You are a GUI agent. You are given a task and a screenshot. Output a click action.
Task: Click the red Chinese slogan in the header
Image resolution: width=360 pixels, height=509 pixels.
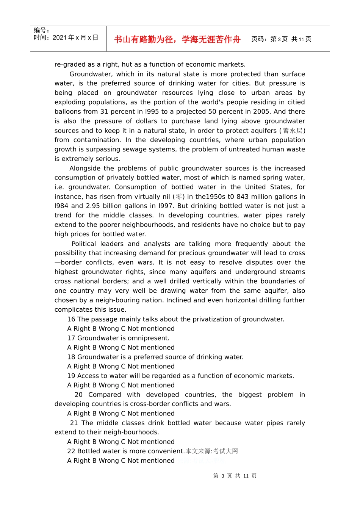[x=177, y=39]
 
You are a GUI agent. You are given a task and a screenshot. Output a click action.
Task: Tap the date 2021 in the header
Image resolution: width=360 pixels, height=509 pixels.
[x=59, y=37]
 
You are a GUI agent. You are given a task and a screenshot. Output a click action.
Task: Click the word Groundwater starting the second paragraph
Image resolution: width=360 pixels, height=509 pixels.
[x=91, y=74]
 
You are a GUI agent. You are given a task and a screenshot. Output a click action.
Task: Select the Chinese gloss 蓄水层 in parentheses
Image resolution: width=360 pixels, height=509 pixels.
[x=293, y=131]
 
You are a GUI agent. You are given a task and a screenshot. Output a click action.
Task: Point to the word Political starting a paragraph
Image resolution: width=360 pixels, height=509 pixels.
[x=84, y=244]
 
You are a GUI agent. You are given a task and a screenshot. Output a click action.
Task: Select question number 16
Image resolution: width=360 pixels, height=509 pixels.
[x=71, y=319]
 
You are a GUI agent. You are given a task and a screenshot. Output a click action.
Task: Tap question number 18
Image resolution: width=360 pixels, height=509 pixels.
[x=71, y=357]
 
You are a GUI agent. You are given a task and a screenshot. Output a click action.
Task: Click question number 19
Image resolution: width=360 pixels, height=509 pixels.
[x=71, y=376]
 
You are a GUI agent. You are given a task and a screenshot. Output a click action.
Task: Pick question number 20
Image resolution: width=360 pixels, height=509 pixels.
[x=78, y=395]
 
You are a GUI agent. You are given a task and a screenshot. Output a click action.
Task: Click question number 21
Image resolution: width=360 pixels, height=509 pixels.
[x=74, y=423]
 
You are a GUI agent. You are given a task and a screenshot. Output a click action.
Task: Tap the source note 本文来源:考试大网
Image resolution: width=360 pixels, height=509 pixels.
[x=212, y=451]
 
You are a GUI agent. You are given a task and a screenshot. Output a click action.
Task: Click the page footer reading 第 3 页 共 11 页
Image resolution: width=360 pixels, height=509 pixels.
[x=235, y=476]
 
